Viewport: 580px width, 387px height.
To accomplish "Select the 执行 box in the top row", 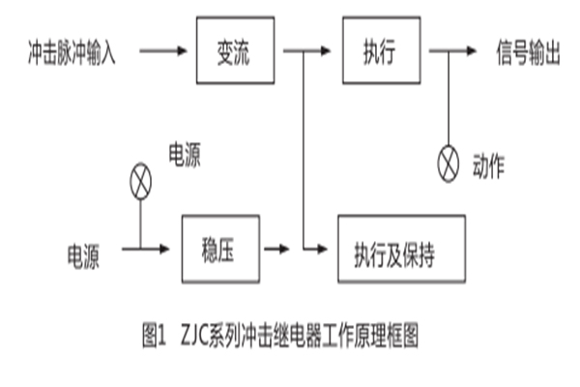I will click(x=378, y=49).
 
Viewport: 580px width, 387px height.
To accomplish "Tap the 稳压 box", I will click(x=221, y=250).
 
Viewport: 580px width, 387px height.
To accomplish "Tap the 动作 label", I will click(x=489, y=164).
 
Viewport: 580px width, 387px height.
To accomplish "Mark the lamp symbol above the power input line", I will click(x=140, y=176).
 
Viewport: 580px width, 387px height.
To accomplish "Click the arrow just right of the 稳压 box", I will click(x=278, y=251).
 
